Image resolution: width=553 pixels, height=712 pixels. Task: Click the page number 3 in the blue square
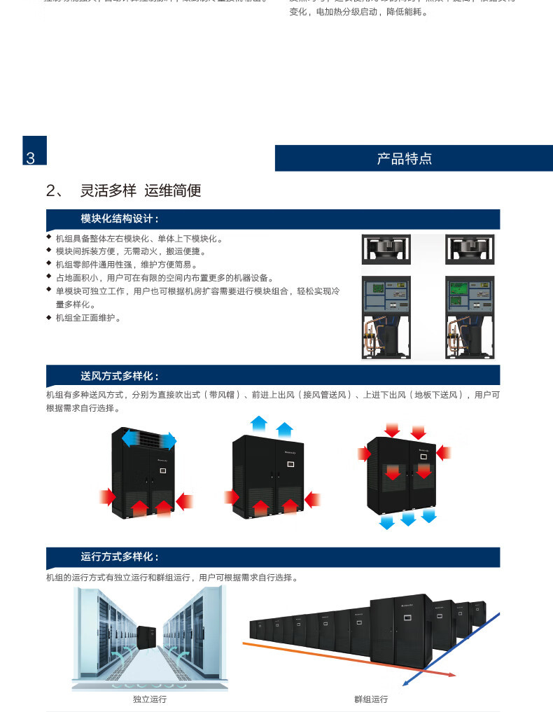(x=30, y=158)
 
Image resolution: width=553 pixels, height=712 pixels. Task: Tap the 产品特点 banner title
(x=405, y=158)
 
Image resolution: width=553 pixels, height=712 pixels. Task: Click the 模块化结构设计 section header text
(x=120, y=218)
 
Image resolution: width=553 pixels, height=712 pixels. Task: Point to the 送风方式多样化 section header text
(x=120, y=376)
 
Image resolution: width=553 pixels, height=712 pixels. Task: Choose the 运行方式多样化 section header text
(x=120, y=557)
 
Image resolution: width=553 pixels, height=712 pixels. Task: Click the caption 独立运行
(x=150, y=699)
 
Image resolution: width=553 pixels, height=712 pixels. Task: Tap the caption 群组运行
(x=371, y=699)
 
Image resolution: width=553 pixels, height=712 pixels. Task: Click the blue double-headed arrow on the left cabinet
(x=149, y=440)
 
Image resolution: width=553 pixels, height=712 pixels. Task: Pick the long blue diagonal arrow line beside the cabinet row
(x=455, y=648)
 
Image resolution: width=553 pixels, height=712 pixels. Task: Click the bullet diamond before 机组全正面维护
(x=49, y=317)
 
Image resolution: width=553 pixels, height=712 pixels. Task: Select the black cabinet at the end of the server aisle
(x=148, y=636)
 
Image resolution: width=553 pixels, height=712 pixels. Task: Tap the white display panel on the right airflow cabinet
(x=423, y=456)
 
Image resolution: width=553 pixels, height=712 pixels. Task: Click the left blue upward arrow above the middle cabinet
(x=259, y=422)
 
